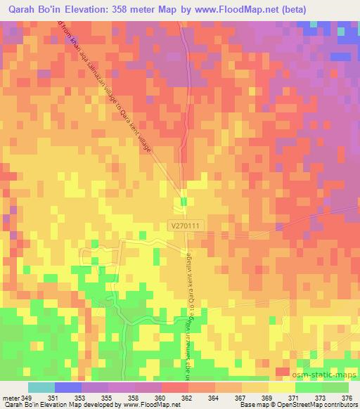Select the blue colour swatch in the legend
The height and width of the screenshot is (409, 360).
67,387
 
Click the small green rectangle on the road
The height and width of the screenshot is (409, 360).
184,202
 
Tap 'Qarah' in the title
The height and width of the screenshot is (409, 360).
19,11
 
